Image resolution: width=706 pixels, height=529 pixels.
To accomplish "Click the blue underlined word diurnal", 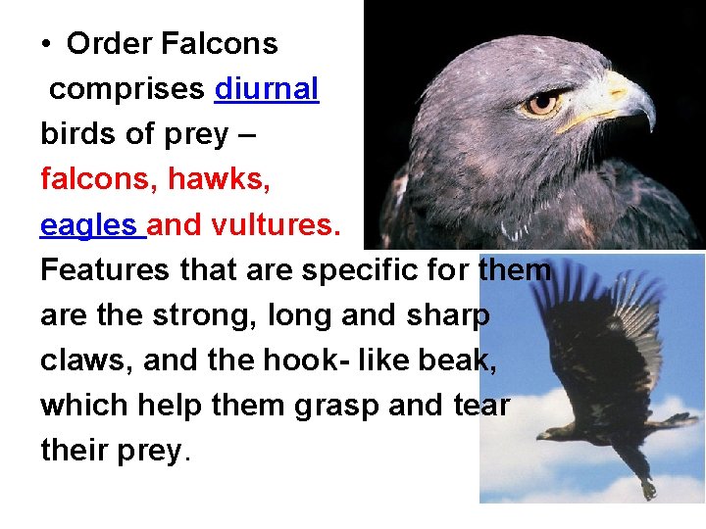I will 266,89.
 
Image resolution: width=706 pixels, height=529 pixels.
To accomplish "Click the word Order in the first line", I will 108,44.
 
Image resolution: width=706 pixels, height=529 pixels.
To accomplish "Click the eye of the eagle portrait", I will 541,102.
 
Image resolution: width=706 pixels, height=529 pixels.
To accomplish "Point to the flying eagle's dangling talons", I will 647,486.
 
